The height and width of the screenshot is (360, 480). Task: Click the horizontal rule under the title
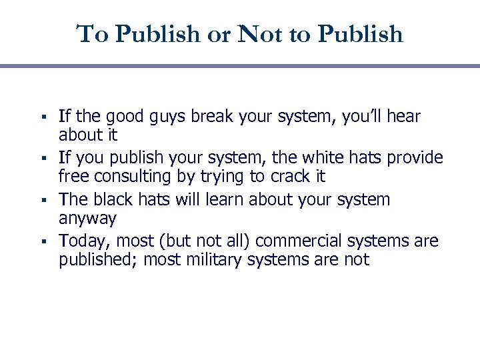(240, 66)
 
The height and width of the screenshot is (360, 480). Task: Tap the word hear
(403, 117)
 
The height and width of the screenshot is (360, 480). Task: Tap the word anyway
(87, 219)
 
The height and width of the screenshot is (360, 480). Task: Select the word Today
(81, 241)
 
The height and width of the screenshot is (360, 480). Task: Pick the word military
(214, 259)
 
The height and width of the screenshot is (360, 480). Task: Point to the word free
(73, 177)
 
